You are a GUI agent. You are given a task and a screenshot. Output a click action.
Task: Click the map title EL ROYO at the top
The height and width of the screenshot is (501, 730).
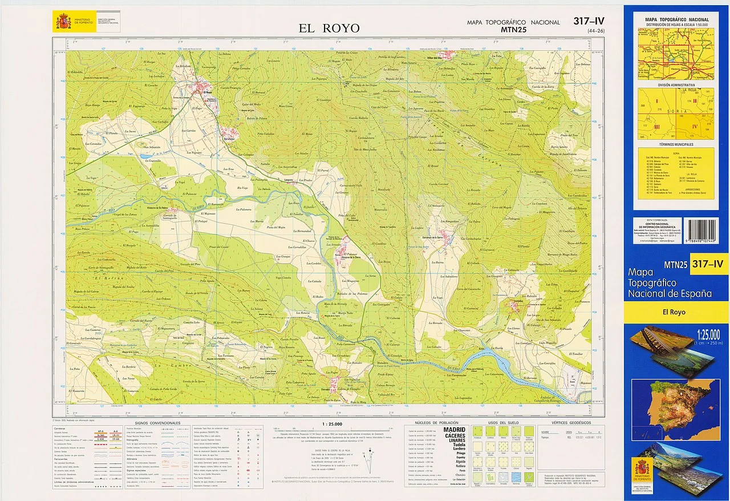[x=329, y=28]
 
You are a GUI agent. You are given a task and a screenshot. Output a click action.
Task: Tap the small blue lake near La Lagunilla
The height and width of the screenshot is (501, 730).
[x=147, y=155]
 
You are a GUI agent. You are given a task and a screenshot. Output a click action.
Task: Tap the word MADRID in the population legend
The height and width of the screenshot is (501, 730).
[x=454, y=429]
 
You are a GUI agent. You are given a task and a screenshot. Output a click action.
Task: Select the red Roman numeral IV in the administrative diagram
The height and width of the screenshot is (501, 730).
[x=695, y=126]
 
